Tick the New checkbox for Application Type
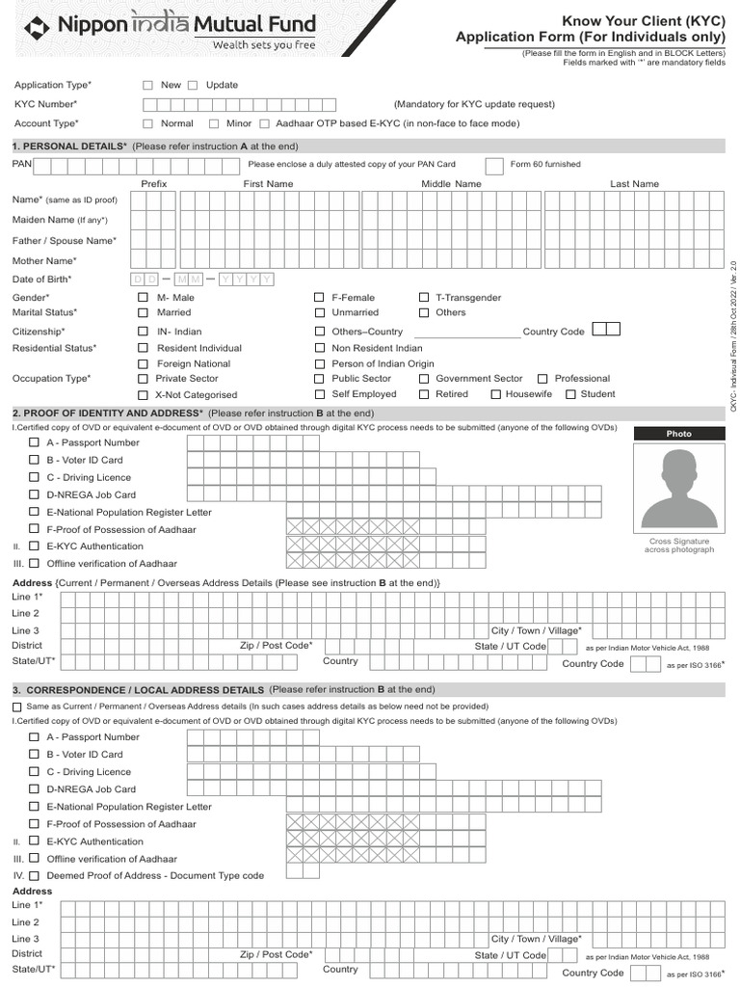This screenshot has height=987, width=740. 147,85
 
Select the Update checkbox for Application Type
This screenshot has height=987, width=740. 193,85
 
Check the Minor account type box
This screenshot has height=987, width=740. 213,123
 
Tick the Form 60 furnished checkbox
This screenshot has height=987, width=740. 493,165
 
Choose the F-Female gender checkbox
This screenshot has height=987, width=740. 319,298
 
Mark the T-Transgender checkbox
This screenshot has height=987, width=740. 424,298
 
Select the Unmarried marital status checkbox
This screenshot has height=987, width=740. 319,312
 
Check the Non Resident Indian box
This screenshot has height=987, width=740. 319,348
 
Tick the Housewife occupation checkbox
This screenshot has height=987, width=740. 495,394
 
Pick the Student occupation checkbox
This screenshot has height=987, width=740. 570,394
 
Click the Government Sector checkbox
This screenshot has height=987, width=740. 424,379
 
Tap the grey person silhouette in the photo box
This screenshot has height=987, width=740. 678,488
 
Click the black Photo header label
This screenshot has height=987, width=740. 678,434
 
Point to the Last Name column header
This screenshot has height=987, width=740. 634,183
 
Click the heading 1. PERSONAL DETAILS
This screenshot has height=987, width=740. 68,146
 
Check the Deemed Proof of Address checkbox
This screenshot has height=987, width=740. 34,876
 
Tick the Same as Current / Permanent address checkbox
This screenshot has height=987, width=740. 16,707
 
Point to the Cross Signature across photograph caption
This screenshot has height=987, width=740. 678,546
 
